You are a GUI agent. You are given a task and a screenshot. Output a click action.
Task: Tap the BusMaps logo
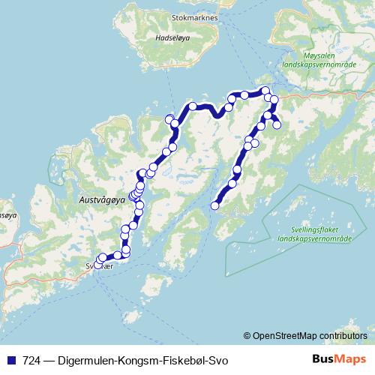click(339, 359)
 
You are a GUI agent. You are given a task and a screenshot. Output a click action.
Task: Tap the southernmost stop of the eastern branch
click(215, 205)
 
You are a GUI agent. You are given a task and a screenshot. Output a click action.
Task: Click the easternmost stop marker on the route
click(277, 125)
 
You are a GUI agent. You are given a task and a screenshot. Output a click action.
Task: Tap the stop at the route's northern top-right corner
click(265, 91)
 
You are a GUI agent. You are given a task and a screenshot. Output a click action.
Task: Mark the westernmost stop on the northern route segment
click(169, 118)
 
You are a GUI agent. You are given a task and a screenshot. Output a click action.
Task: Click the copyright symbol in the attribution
click(248, 335)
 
